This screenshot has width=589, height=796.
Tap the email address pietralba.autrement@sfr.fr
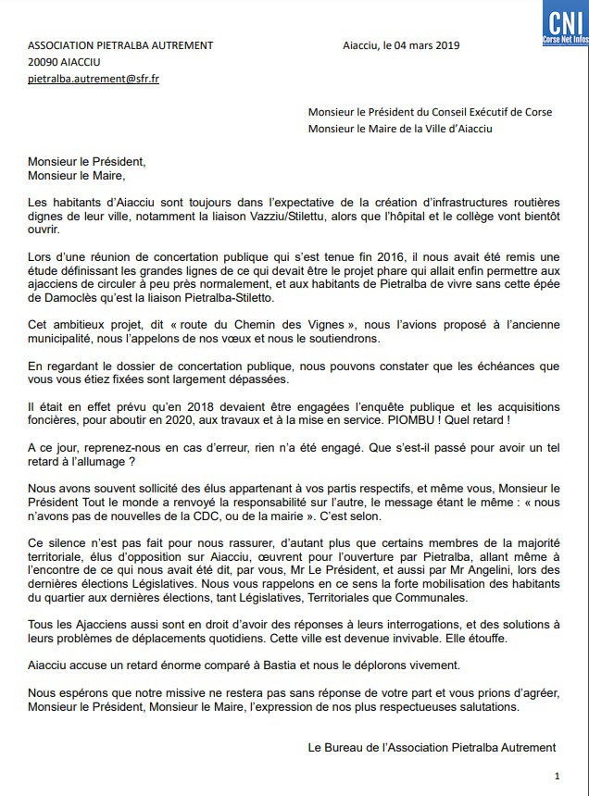[94, 80]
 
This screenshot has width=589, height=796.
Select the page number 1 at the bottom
[556, 776]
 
